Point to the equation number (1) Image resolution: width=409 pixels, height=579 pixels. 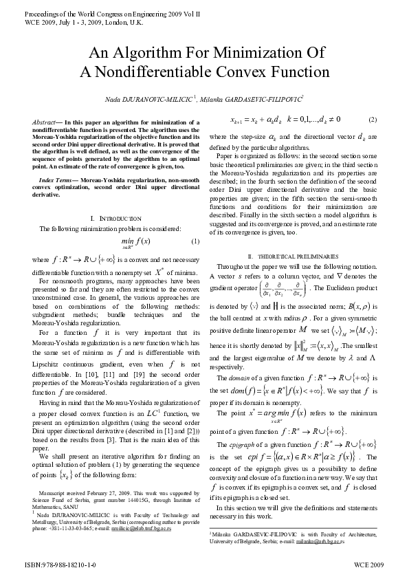pos(195,241)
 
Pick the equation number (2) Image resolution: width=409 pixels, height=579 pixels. pos(372,119)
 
